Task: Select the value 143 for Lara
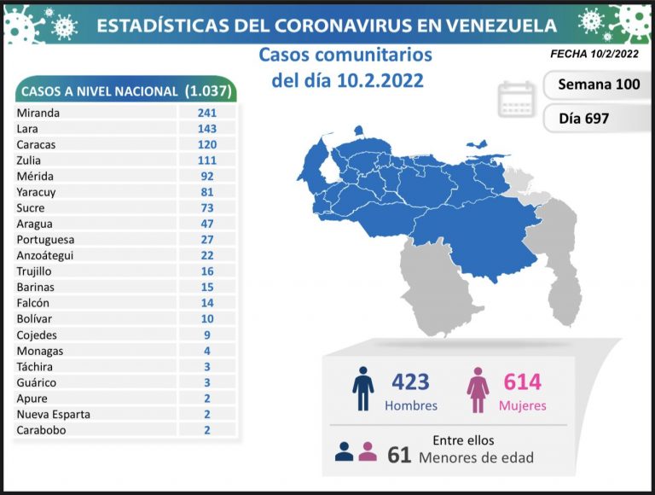click(207, 128)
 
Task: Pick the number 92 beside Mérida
click(207, 176)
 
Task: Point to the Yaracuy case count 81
click(207, 192)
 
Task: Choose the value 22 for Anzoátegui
click(207, 255)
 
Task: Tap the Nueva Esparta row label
click(53, 414)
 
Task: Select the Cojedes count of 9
click(207, 335)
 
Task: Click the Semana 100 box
click(598, 84)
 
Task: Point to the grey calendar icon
click(517, 100)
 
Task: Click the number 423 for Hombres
click(410, 381)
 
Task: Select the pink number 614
click(522, 381)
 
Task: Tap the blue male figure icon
click(363, 389)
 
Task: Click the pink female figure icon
click(478, 389)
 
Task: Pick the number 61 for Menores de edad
click(399, 455)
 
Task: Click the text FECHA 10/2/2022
click(594, 53)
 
